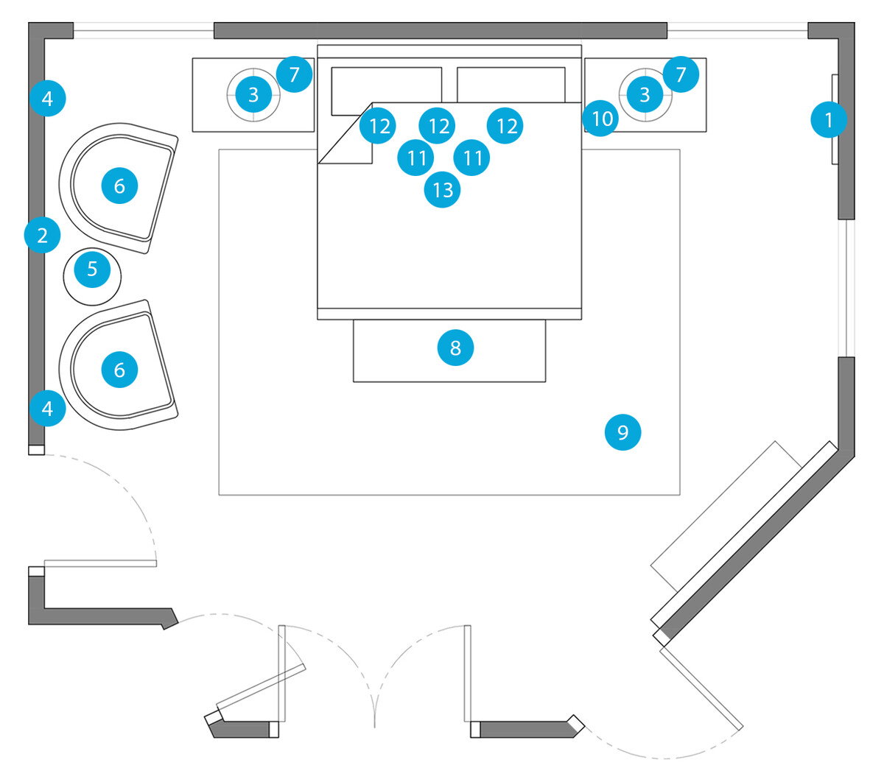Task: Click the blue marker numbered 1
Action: (x=828, y=119)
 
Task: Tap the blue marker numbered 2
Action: (x=42, y=236)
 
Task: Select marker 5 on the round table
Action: (x=92, y=269)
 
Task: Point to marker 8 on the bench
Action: (x=455, y=348)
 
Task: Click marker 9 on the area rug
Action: (x=622, y=432)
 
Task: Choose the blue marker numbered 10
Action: (x=600, y=119)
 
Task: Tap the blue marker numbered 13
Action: (x=442, y=189)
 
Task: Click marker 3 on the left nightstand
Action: (x=253, y=94)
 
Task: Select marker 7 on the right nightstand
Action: (x=681, y=74)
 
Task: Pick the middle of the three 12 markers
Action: (x=437, y=126)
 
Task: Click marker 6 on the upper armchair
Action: (x=119, y=186)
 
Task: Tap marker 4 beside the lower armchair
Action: (x=48, y=408)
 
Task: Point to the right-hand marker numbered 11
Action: (x=471, y=158)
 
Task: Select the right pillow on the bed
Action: (x=511, y=85)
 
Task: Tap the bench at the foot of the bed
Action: (x=449, y=350)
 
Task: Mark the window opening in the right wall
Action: (x=846, y=288)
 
